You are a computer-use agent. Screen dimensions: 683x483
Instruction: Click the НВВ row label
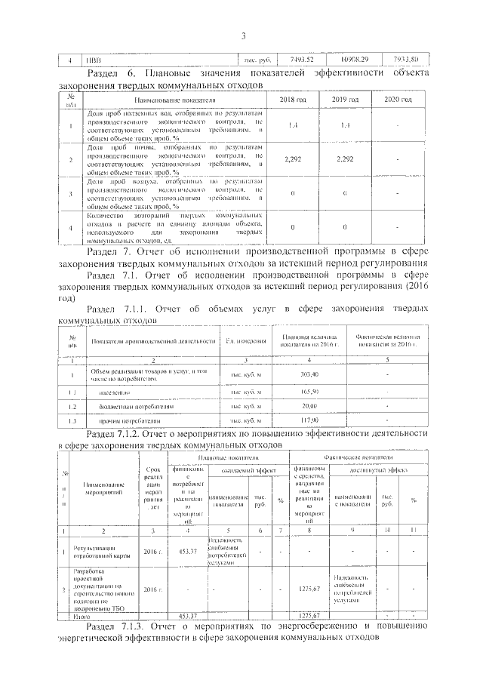pos(92,60)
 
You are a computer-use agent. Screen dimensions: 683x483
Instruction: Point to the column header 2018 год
pos(292,100)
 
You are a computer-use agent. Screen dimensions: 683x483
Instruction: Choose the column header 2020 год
pos(397,100)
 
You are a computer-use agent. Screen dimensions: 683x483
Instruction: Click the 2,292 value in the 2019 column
pos(344,159)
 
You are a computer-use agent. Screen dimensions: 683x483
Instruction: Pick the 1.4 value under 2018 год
pos(292,125)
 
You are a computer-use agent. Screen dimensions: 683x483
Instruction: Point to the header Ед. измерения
pos(245,341)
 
